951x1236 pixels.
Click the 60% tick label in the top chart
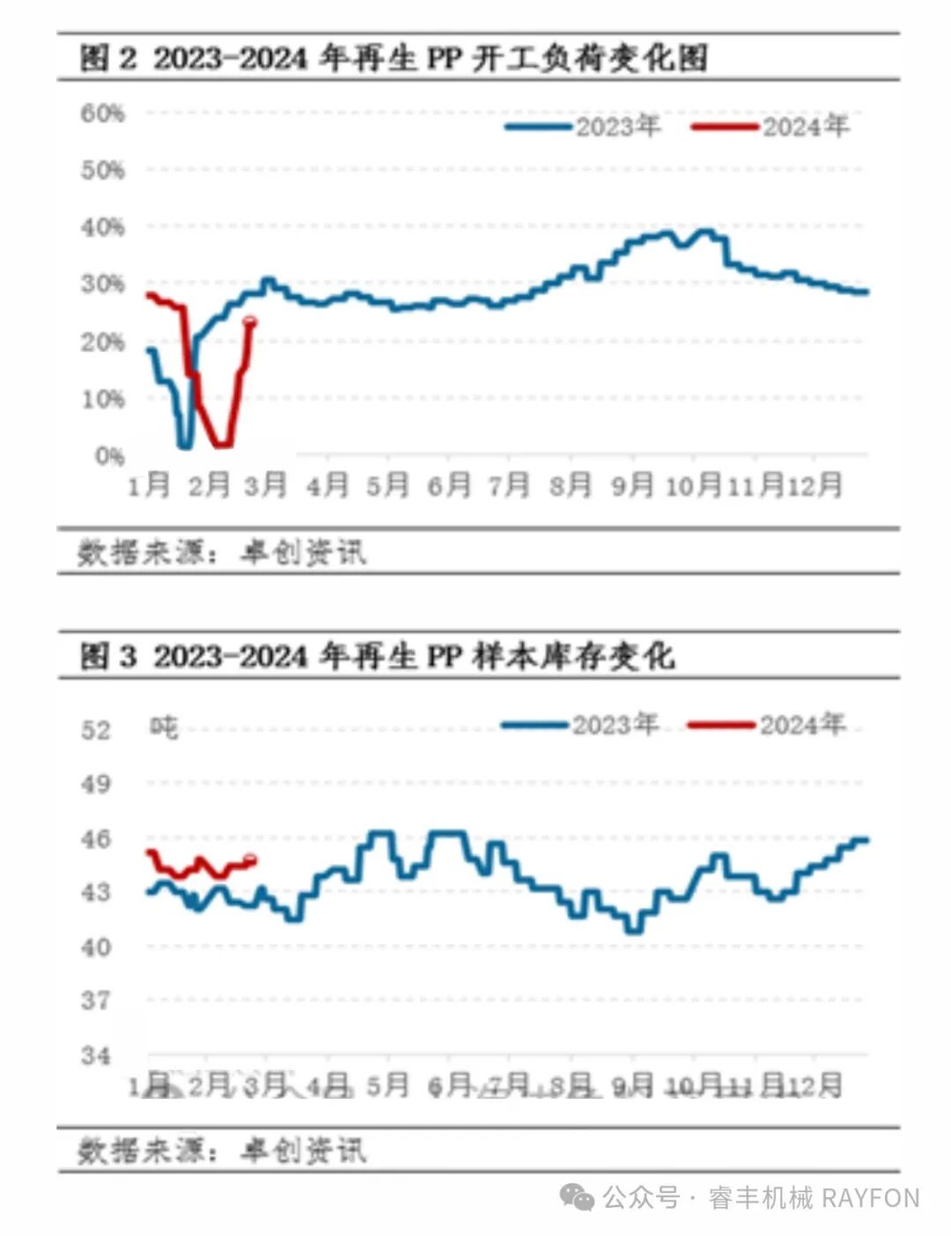[102, 114]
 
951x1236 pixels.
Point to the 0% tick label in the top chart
[109, 456]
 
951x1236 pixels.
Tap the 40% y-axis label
[102, 227]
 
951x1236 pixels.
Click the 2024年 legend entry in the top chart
[770, 127]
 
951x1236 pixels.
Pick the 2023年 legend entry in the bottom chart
[580, 725]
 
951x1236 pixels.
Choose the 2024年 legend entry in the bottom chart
[767, 725]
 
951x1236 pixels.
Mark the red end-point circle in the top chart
[250, 321]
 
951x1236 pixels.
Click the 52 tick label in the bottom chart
[96, 730]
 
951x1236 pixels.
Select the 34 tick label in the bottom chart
[96, 1055]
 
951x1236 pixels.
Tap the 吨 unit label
[164, 727]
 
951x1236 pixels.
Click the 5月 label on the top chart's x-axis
[387, 484]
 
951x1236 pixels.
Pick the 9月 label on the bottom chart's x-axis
[632, 1085]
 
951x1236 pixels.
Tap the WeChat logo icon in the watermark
[578, 1197]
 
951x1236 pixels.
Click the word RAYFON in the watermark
[871, 1198]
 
